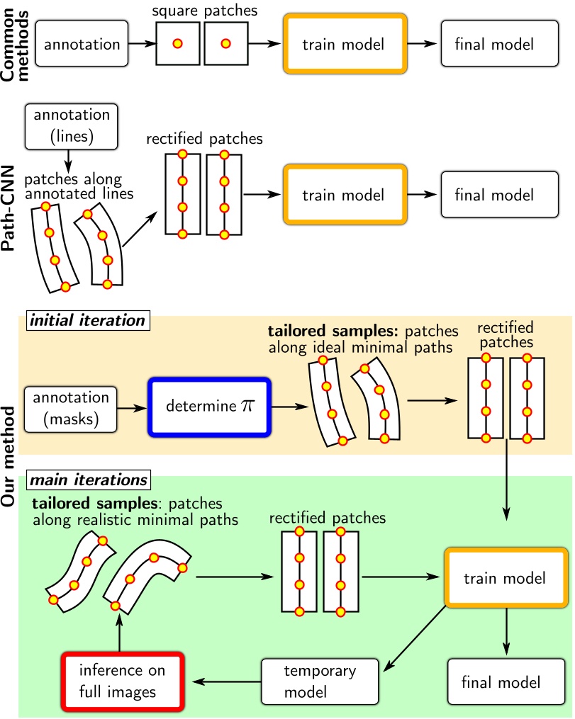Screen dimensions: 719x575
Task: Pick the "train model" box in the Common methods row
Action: (x=343, y=44)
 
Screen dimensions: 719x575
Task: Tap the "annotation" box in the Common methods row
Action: (x=82, y=44)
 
